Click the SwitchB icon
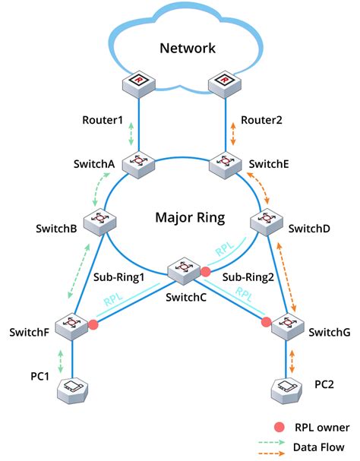98,221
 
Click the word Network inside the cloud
187,49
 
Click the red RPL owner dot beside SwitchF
93,325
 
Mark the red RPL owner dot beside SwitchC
204,270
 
